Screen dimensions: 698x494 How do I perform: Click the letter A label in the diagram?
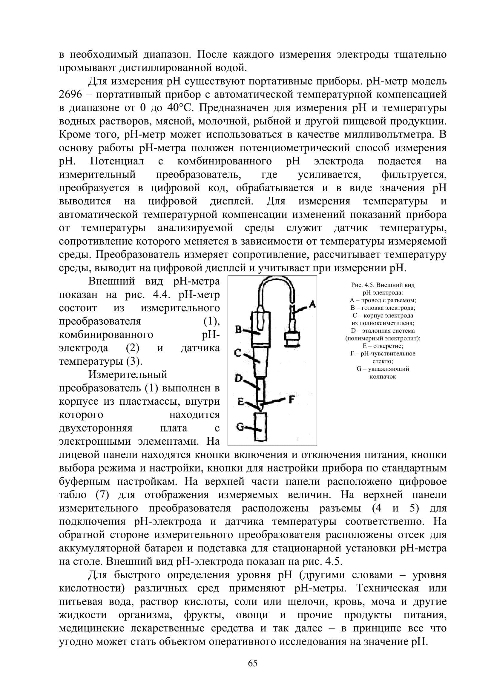(x=312, y=304)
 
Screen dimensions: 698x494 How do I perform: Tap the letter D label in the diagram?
(x=238, y=378)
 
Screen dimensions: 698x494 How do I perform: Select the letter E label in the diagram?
(x=241, y=402)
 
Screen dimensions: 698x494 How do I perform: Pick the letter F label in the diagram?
(x=292, y=399)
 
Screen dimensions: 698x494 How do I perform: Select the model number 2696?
(x=70, y=95)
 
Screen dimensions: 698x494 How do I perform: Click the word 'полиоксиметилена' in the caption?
(x=383, y=323)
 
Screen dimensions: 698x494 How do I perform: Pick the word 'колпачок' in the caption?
(x=383, y=376)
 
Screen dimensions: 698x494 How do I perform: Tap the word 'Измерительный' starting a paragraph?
(x=128, y=374)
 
